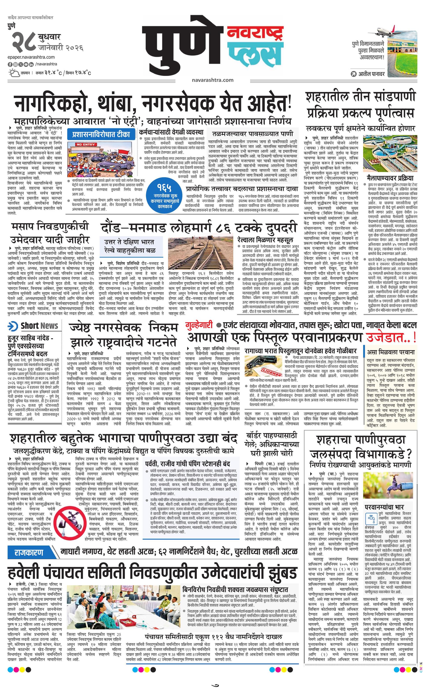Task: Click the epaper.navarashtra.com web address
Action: click(x=31, y=57)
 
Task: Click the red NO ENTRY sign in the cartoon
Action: click(x=85, y=145)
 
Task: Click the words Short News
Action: click(x=39, y=326)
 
